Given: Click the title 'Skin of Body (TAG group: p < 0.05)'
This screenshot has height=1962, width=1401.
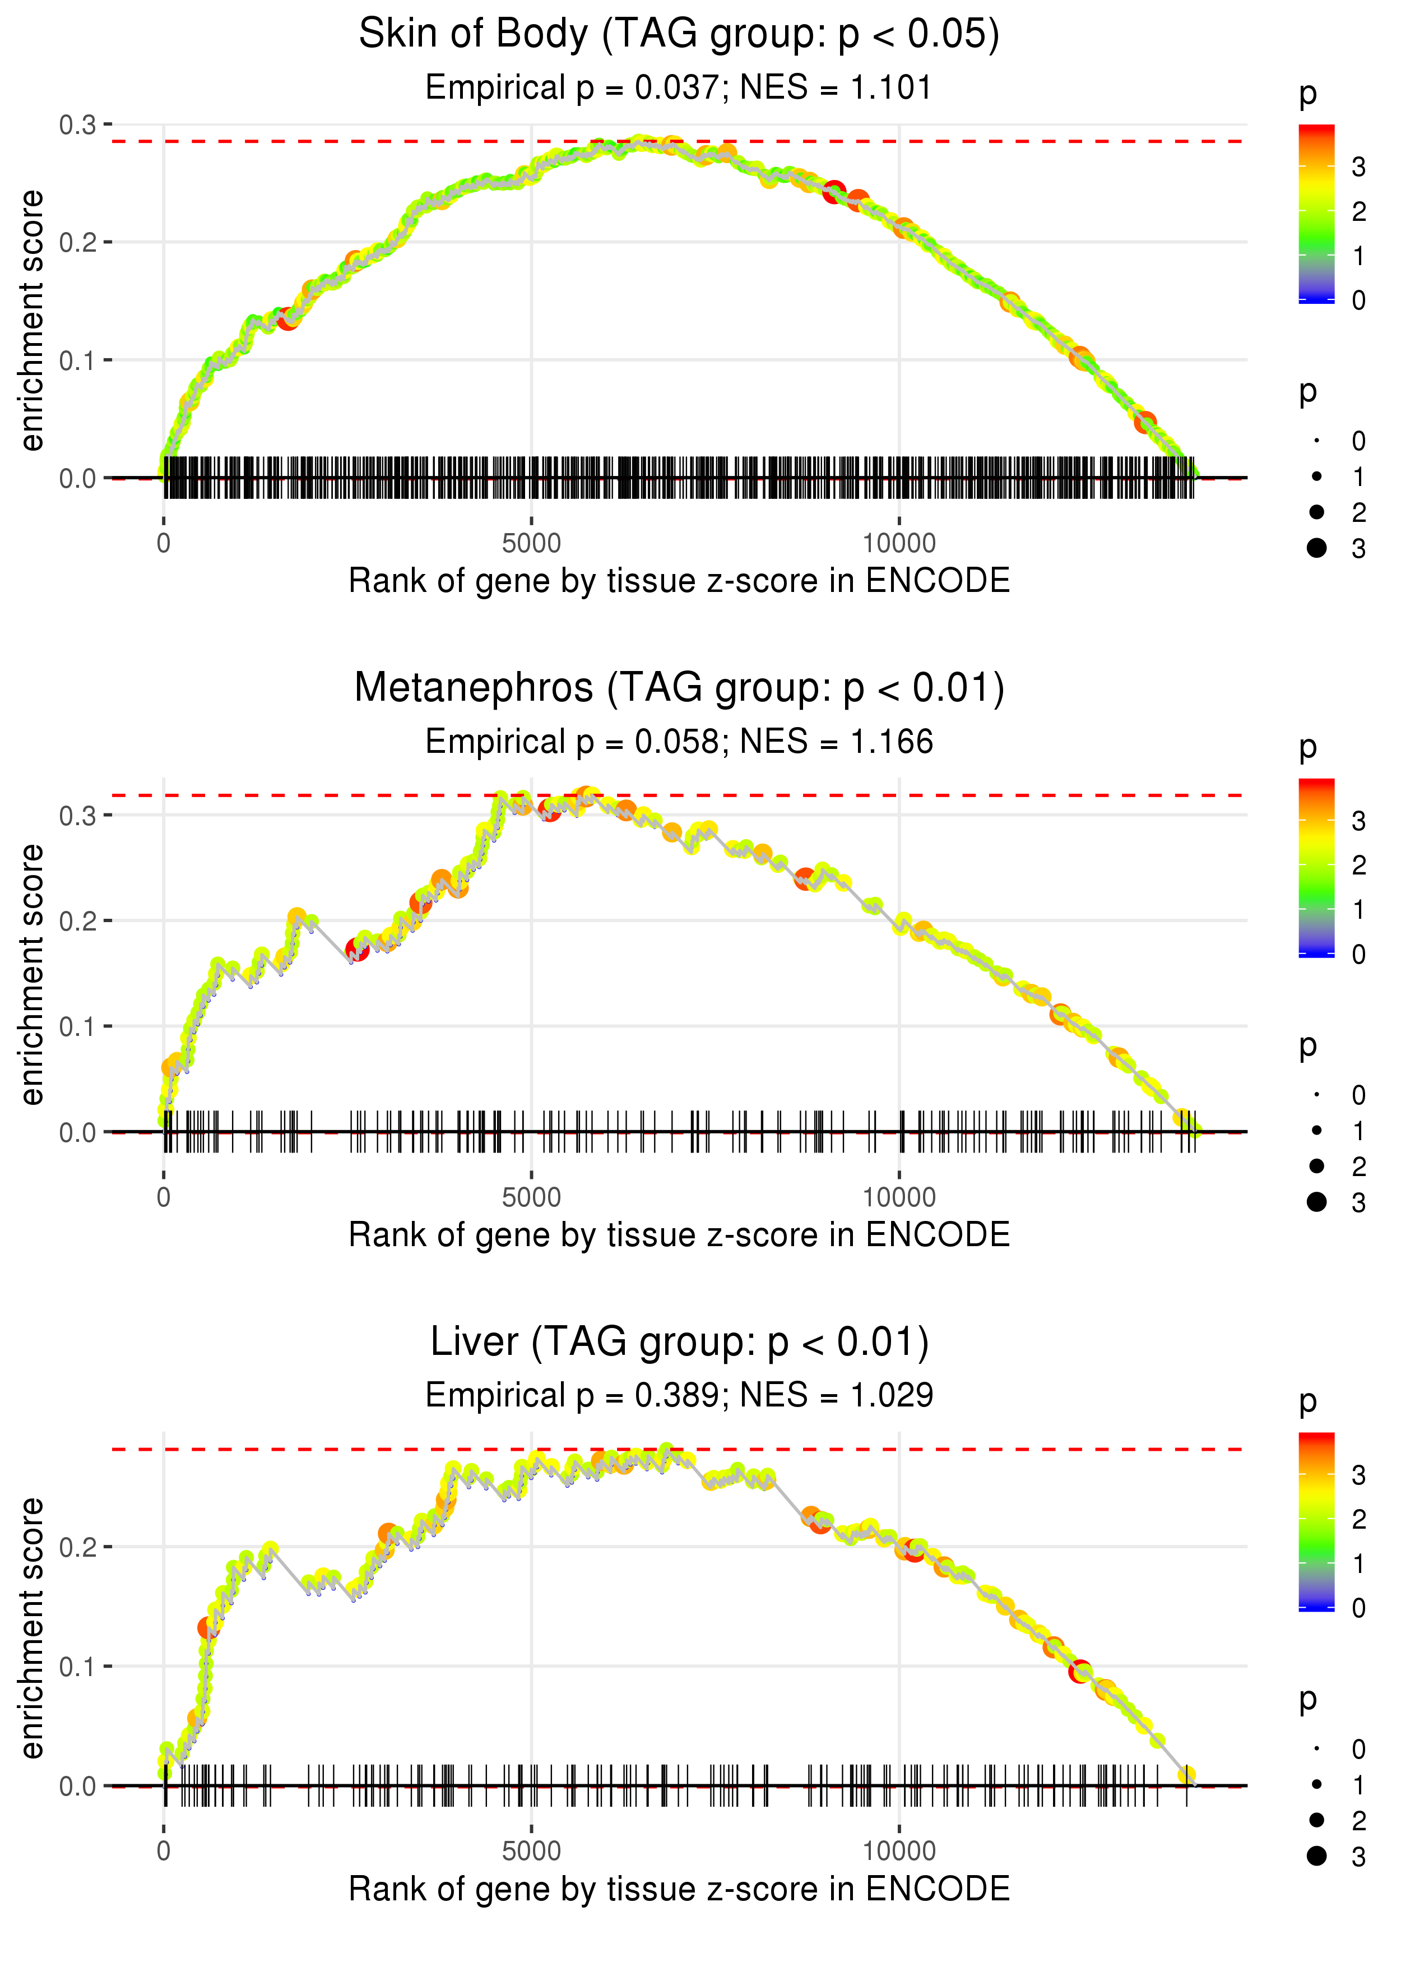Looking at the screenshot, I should pos(679,35).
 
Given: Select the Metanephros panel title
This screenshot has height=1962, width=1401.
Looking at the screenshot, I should pos(679,688).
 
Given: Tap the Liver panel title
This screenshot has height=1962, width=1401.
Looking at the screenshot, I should pos(679,1343).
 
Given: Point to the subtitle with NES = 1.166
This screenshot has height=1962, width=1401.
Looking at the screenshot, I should pos(679,742).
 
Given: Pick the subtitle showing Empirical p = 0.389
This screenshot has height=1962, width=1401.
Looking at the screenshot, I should pos(679,1395).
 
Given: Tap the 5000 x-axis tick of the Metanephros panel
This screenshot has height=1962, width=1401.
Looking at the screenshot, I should pos(531,1197).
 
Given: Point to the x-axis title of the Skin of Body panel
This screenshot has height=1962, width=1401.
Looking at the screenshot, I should pos(679,581).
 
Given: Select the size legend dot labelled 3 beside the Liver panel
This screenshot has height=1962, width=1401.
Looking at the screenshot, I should pos(1316,1856).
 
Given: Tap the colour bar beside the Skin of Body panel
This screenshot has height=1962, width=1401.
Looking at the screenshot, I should pos(1316,213).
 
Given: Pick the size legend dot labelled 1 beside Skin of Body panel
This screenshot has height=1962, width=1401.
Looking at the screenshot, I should pos(1316,476).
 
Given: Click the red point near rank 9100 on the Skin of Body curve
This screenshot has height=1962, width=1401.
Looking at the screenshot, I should pos(833,192).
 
